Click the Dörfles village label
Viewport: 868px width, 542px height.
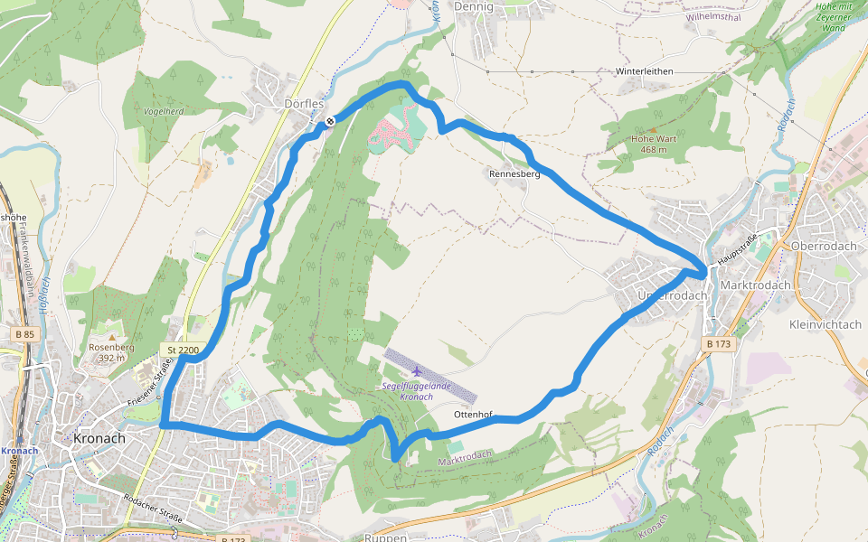click(x=304, y=104)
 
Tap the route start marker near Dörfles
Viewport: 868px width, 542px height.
click(x=331, y=120)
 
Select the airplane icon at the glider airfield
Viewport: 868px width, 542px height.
click(x=416, y=370)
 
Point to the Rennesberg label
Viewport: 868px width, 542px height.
click(x=514, y=174)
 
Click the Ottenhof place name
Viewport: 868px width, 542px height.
click(x=473, y=415)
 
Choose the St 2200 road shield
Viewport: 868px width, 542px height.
click(x=183, y=349)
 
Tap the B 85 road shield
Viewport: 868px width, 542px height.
click(x=24, y=335)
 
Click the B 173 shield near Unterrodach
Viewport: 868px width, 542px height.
click(x=719, y=344)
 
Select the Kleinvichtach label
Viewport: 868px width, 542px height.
click(x=826, y=323)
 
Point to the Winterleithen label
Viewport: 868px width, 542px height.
click(x=646, y=70)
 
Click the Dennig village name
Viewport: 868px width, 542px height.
click(x=476, y=7)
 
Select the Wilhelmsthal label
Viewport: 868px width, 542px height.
click(x=714, y=16)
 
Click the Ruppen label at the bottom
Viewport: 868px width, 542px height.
click(x=384, y=537)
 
